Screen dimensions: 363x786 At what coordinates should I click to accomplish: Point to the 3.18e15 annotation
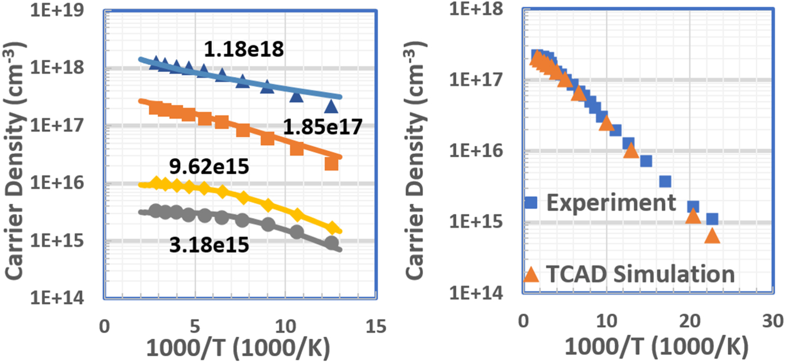[x=209, y=245]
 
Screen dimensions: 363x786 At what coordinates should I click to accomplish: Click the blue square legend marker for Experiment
[x=531, y=202]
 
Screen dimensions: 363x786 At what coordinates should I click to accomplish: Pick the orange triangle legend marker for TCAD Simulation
[x=531, y=273]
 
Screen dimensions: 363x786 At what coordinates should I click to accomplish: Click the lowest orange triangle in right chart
[x=712, y=236]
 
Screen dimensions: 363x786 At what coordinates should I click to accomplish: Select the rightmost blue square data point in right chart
[x=712, y=218]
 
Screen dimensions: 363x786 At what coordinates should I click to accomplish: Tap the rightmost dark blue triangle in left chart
[x=331, y=107]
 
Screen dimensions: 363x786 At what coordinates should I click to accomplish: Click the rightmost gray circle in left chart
[x=331, y=243]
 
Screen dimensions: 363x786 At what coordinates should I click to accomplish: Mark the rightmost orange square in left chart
[x=331, y=164]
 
